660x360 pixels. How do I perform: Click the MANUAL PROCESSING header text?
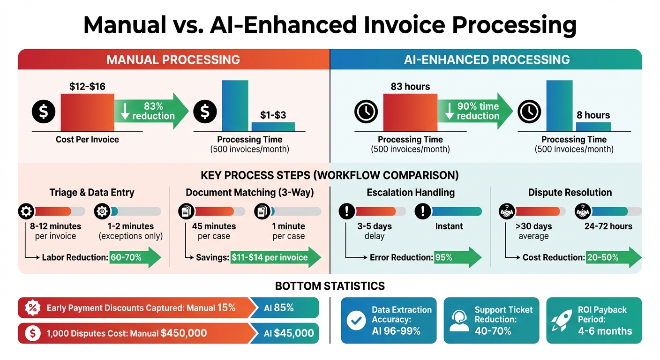coord(173,60)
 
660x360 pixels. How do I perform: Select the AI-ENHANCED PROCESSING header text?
coord(487,60)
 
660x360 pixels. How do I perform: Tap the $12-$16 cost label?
coord(87,87)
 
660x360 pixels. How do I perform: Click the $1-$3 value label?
coord(273,115)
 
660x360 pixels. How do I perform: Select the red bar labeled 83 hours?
coord(410,112)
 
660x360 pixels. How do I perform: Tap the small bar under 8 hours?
coord(593,127)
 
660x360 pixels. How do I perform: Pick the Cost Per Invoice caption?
coord(87,139)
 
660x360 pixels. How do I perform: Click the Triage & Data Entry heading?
coord(92,192)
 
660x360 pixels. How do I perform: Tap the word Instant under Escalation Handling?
coord(449,226)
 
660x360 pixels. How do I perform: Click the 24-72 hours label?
coord(608,226)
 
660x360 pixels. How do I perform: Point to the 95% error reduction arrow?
coord(457,257)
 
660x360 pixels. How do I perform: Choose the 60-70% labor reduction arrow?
coord(135,257)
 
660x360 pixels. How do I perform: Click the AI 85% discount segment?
coord(285,308)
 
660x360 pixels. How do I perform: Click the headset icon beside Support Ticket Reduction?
coord(459,320)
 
